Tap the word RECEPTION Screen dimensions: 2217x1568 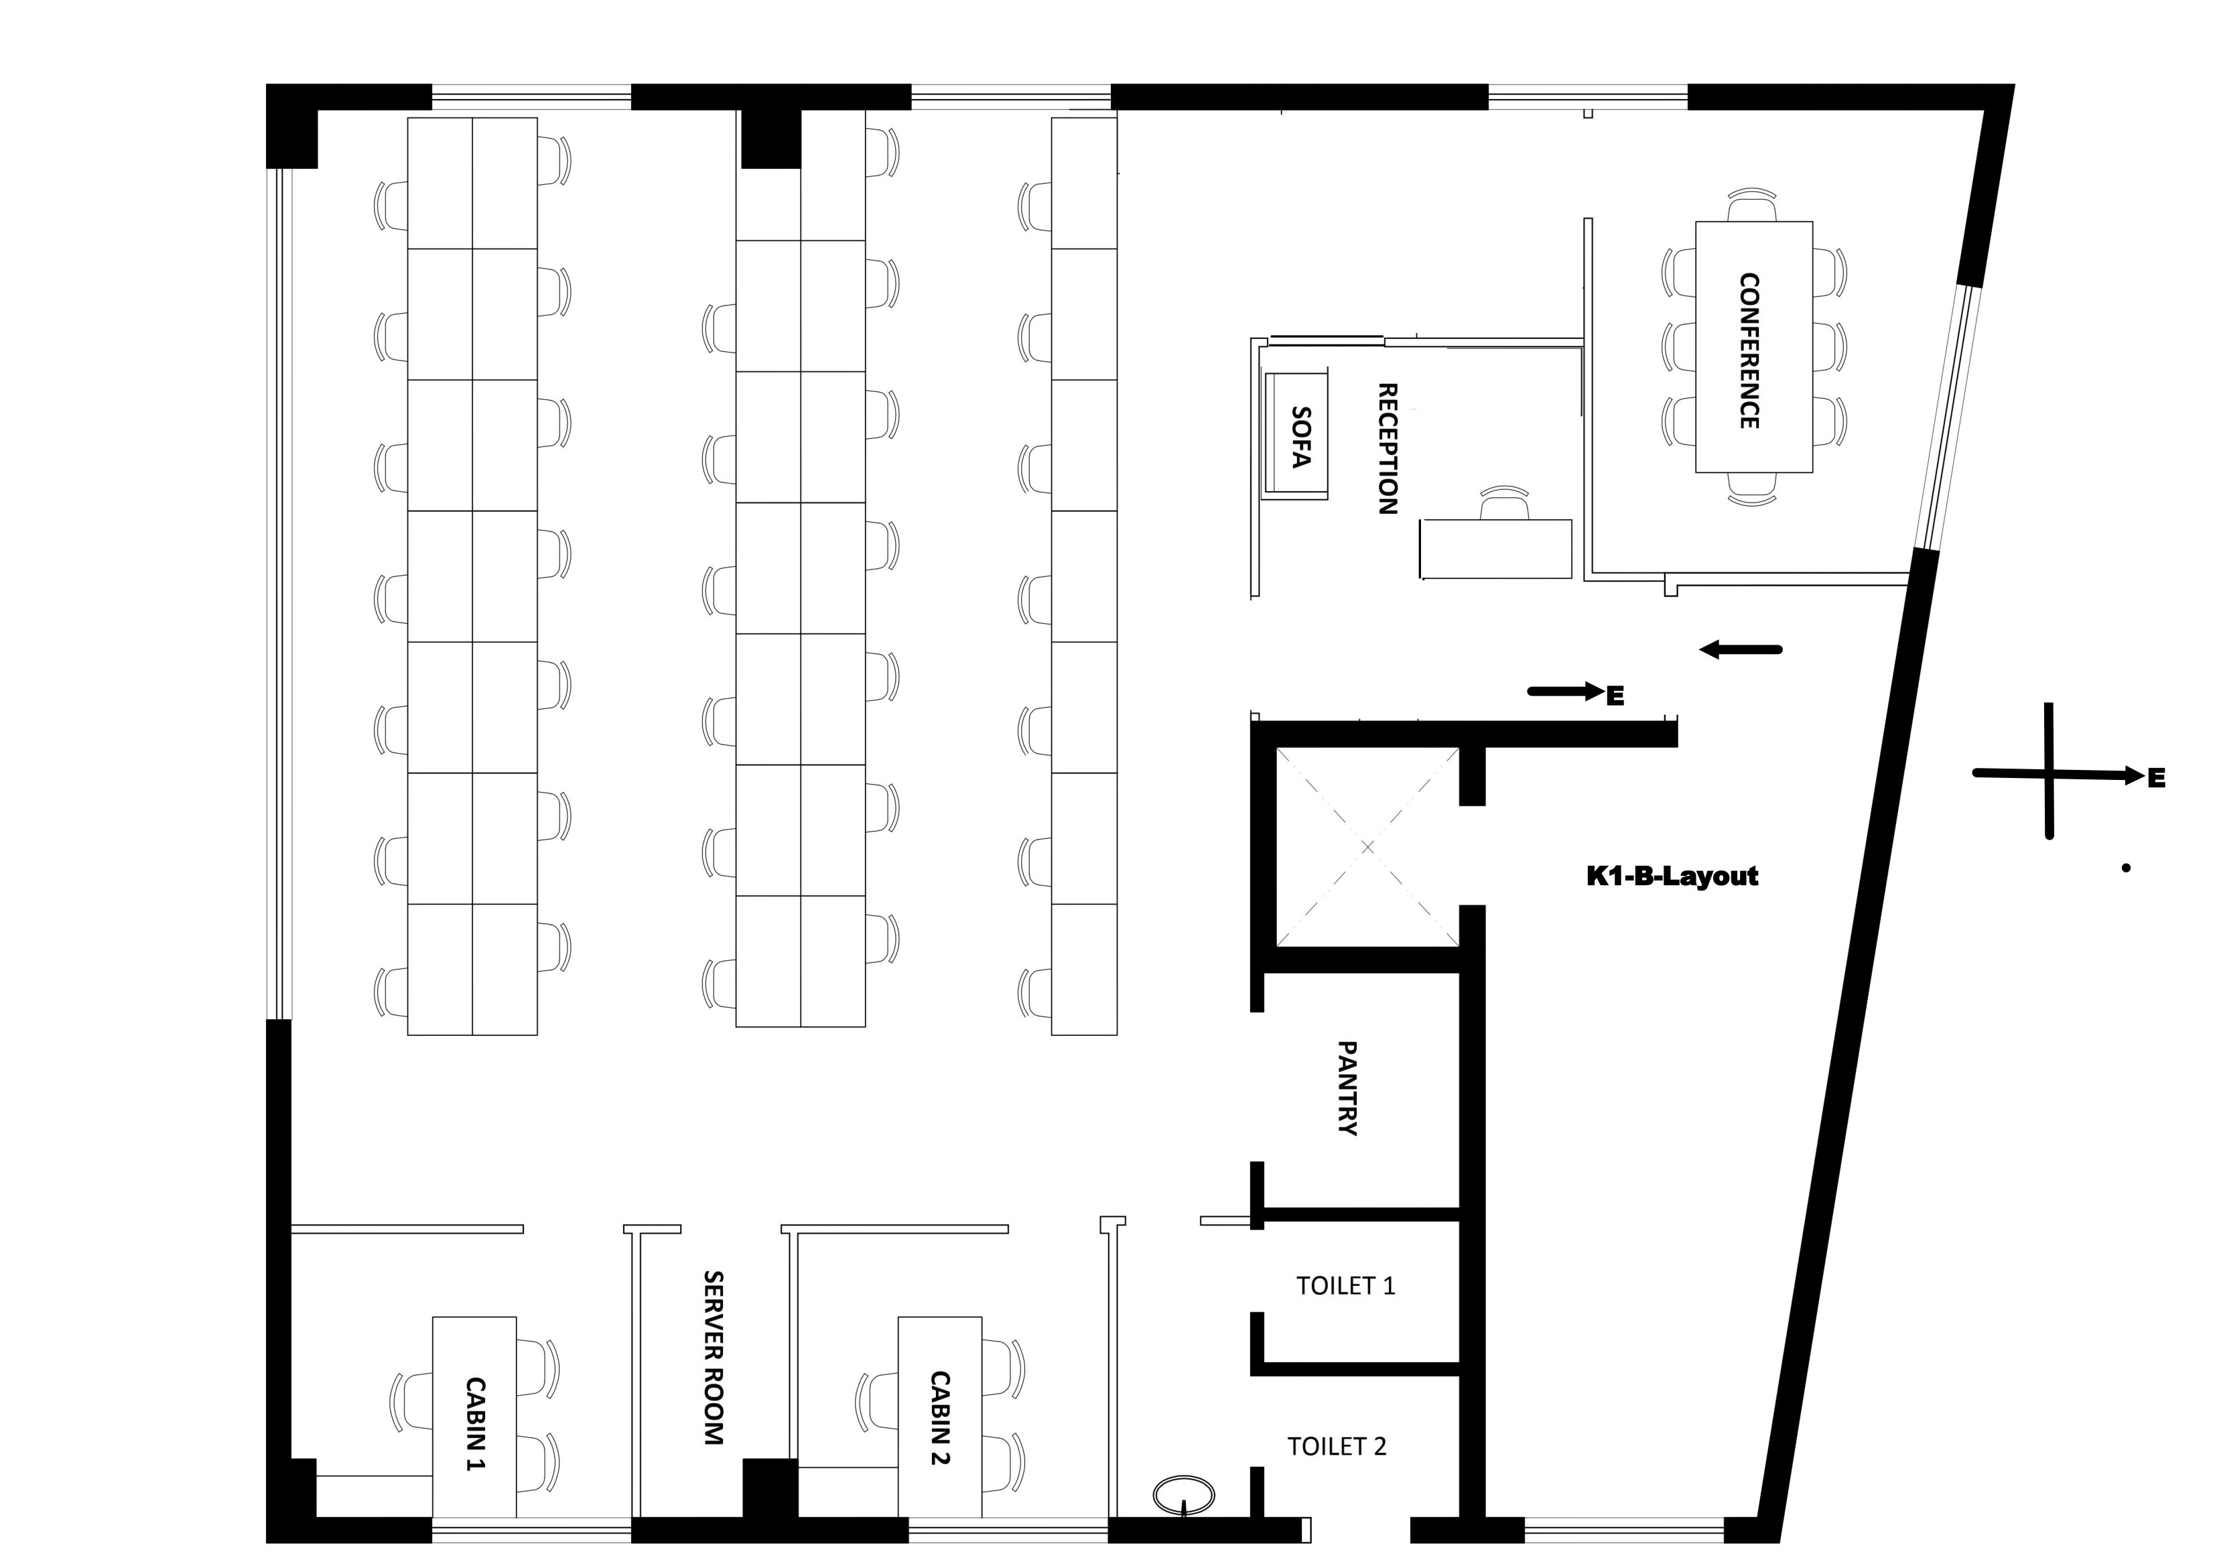1387,449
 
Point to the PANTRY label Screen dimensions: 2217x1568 1347,1088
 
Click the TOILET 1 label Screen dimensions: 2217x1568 1345,1285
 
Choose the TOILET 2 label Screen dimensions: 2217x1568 1337,1445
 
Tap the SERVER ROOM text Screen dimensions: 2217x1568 714,1358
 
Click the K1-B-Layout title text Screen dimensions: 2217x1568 1672,876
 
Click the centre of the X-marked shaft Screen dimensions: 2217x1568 1367,848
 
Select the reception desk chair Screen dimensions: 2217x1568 1504,504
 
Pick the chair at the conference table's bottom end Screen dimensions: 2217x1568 1751,488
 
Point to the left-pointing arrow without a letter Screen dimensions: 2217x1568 1740,650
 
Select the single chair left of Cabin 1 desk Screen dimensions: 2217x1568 412,1401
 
